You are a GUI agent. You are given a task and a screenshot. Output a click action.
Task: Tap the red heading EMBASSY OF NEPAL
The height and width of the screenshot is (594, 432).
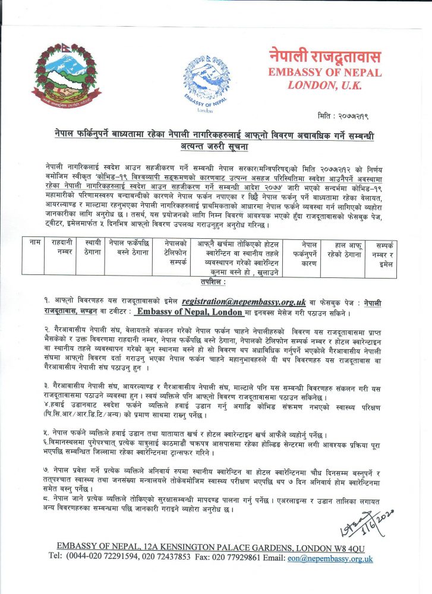324,72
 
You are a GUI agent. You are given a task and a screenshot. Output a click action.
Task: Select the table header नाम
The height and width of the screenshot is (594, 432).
34,244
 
